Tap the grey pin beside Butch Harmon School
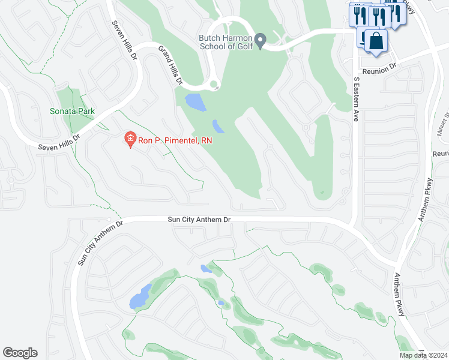[260, 41]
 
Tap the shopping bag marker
[376, 41]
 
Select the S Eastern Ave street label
[356, 93]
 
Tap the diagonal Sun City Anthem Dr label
[100, 242]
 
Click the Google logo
[20, 352]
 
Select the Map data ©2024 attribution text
[423, 355]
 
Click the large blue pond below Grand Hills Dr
[195, 103]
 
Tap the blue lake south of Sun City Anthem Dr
[140, 297]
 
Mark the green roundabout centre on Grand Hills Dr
[214, 85]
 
